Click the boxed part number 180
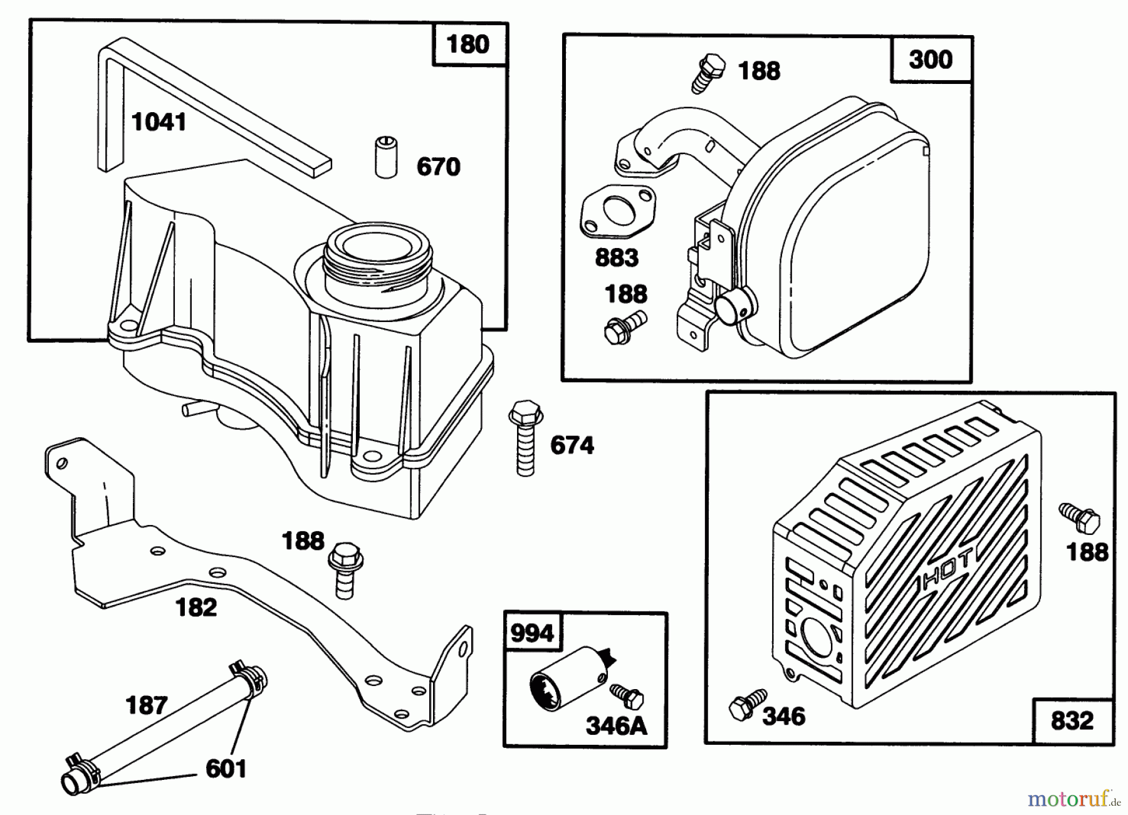[x=468, y=44]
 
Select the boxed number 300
[x=931, y=60]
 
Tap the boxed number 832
[x=1072, y=720]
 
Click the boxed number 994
[x=532, y=633]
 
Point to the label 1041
[x=159, y=122]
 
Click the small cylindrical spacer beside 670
[x=386, y=157]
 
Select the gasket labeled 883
[x=618, y=211]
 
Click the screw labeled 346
[x=748, y=705]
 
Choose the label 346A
[x=616, y=726]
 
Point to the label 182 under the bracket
[x=196, y=607]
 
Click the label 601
[x=226, y=769]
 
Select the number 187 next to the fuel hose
[x=147, y=705]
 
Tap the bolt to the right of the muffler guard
[x=1080, y=518]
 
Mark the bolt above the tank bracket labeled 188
[x=345, y=569]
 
